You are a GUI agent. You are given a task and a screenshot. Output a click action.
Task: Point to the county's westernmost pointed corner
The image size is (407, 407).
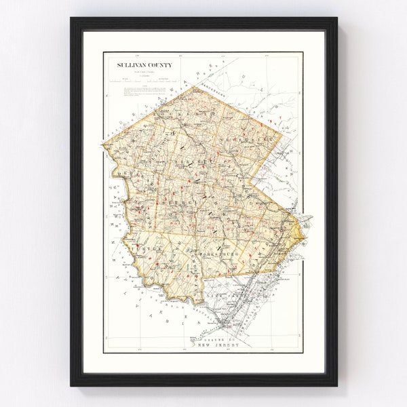(104, 144)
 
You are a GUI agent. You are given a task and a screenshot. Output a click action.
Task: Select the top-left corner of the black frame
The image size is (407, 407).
(71, 19)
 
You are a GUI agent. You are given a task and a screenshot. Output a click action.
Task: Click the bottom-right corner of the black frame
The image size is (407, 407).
(336, 385)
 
